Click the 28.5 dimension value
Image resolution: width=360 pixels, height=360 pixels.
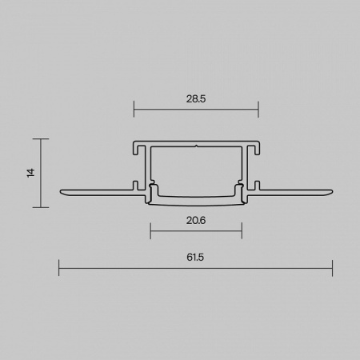coord(196,99)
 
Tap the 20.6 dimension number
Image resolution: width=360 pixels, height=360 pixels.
coord(196,221)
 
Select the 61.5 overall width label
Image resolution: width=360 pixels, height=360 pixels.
coord(195,258)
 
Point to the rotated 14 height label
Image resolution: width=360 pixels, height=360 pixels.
coord(31,173)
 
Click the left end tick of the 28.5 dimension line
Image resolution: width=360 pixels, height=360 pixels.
coord(134,109)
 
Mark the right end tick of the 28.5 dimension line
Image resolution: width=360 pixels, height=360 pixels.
coord(258,109)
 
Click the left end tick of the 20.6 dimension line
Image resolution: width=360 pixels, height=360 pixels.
coord(150,230)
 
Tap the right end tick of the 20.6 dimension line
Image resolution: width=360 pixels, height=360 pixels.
coord(242,230)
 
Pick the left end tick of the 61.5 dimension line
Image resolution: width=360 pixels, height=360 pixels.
coord(59,268)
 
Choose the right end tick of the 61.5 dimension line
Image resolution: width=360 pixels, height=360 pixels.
coord(332,268)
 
